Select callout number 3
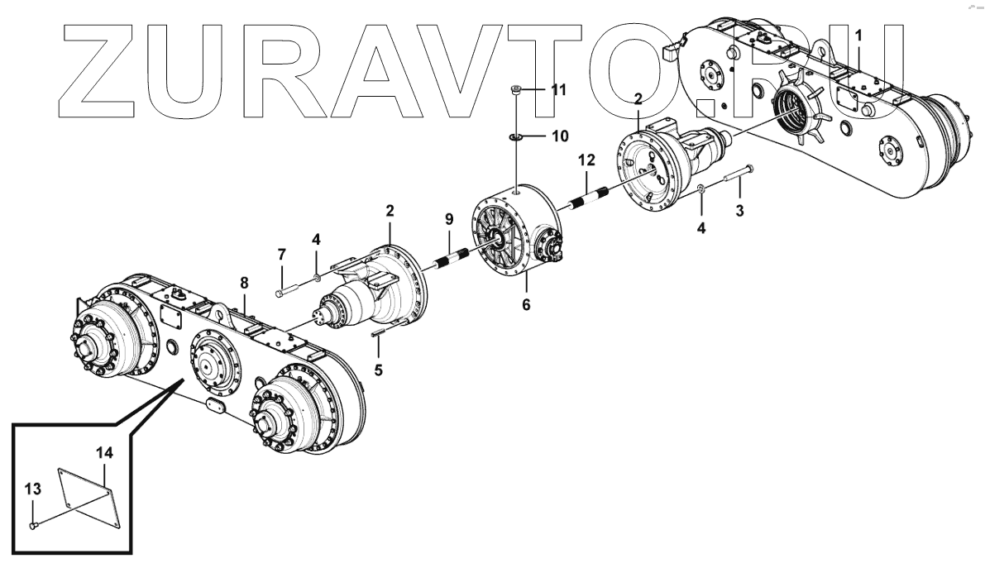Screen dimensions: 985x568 coord(739,211)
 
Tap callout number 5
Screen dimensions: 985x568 coord(379,370)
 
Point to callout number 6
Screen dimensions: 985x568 coord(525,305)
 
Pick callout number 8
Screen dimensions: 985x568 coord(244,283)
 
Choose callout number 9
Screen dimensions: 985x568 coord(449,219)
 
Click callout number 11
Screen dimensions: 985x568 coord(559,89)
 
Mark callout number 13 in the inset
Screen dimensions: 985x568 coord(32,489)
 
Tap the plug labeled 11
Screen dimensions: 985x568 coord(515,91)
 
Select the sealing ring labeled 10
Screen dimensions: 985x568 coord(515,136)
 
